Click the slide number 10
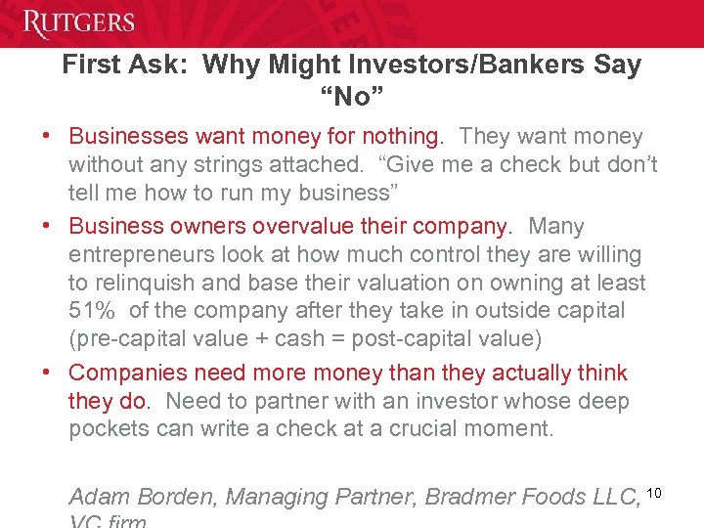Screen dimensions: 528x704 pos(654,491)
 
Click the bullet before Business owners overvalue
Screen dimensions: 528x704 pos(46,227)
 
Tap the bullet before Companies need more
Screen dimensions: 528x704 pos(46,374)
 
